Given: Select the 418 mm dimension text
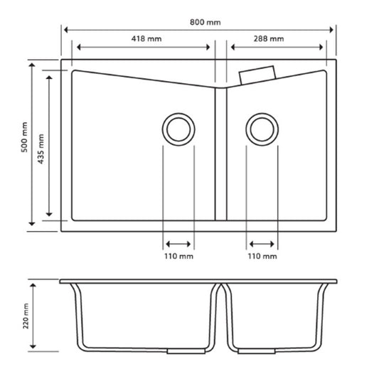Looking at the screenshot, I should [144, 38].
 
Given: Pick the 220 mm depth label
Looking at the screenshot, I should [25, 315].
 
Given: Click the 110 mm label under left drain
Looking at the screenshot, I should [178, 256].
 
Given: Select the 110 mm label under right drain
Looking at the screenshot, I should [262, 256].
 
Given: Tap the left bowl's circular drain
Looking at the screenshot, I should [178, 129].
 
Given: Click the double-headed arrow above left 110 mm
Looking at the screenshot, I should [178, 242].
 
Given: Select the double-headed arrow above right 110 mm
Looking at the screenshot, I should [262, 242].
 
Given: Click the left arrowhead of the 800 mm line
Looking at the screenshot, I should [66, 30].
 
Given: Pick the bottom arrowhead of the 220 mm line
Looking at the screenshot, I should [32, 348].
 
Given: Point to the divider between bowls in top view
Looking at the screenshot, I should [220, 153].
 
